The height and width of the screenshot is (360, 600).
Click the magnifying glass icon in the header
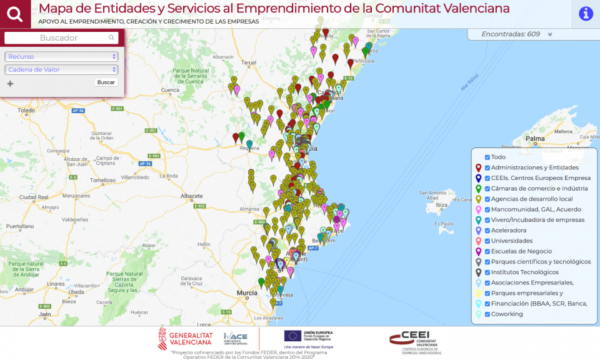(x=15, y=14)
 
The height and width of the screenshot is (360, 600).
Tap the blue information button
(x=586, y=14)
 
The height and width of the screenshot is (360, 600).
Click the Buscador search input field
(x=61, y=38)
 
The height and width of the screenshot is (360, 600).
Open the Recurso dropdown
(x=61, y=57)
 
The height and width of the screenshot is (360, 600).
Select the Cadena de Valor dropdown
(x=61, y=69)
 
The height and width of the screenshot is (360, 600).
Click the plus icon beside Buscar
(x=10, y=83)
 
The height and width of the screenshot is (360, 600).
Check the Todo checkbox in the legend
(x=487, y=157)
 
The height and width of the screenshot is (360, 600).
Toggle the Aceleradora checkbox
(x=487, y=230)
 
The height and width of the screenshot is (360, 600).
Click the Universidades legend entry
(x=511, y=241)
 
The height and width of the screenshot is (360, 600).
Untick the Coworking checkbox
(x=487, y=314)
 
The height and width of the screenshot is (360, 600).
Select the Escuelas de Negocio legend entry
(x=521, y=251)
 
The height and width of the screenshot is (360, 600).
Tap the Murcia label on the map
(x=247, y=292)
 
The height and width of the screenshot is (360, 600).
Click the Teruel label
(x=249, y=63)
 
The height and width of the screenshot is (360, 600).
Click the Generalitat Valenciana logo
(x=185, y=338)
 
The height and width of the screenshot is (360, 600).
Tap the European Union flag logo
(x=292, y=336)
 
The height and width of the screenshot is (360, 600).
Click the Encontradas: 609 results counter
(x=510, y=34)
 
